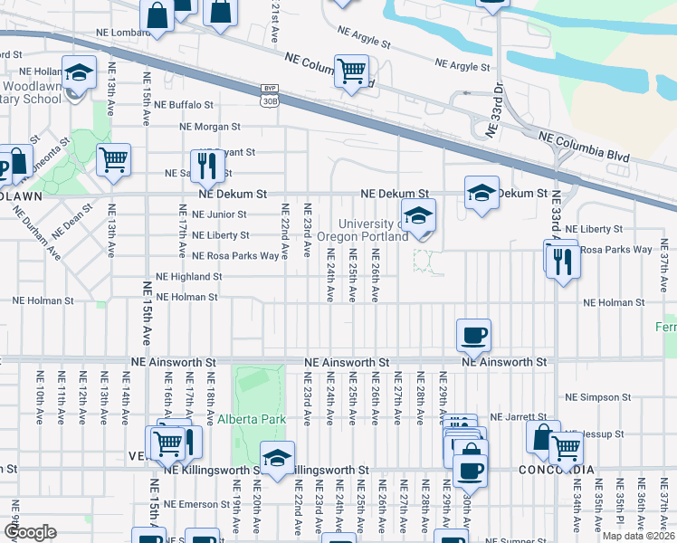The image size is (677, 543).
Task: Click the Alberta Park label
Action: pyautogui.click(x=252, y=419)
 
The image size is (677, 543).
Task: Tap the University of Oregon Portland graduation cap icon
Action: pyautogui.click(x=418, y=216)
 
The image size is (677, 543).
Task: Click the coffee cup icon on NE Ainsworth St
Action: pyautogui.click(x=473, y=336)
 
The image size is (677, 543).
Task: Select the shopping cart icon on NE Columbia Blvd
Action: pyautogui.click(x=351, y=70)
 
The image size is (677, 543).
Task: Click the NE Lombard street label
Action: pyautogui.click(x=123, y=33)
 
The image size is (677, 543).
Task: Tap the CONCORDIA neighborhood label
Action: pyautogui.click(x=558, y=470)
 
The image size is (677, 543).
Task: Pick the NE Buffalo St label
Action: pyautogui.click(x=184, y=105)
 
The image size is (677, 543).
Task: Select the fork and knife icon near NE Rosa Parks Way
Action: pyautogui.click(x=564, y=262)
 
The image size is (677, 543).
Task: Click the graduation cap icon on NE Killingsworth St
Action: pyautogui.click(x=277, y=457)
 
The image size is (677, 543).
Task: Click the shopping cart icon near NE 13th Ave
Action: pyautogui.click(x=113, y=160)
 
